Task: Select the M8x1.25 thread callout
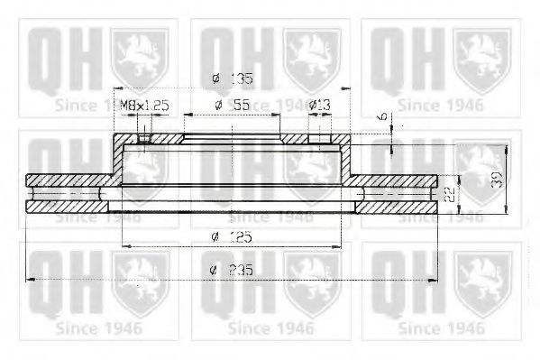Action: (x=145, y=106)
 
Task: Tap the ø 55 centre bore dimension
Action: (x=233, y=106)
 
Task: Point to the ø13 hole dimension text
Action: (x=319, y=106)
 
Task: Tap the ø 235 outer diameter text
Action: (x=232, y=270)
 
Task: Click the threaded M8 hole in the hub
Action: (x=142, y=139)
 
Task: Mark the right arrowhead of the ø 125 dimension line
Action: (x=339, y=245)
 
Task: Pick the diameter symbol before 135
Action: (x=215, y=78)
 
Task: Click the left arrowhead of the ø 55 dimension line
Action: (x=186, y=115)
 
